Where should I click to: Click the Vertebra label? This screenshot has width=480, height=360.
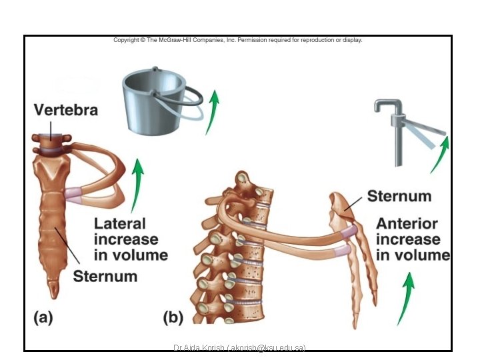point(66,110)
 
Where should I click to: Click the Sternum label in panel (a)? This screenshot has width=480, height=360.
point(105,275)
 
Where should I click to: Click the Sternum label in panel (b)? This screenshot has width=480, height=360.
point(399,196)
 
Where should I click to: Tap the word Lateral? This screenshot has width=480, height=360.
point(120,224)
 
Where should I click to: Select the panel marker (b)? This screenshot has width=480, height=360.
point(173,318)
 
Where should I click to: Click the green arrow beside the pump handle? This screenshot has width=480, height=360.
point(440,153)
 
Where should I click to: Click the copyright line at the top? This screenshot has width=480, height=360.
point(237,40)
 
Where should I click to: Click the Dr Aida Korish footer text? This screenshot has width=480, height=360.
point(239,348)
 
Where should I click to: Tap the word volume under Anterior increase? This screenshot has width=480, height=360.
point(413,255)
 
